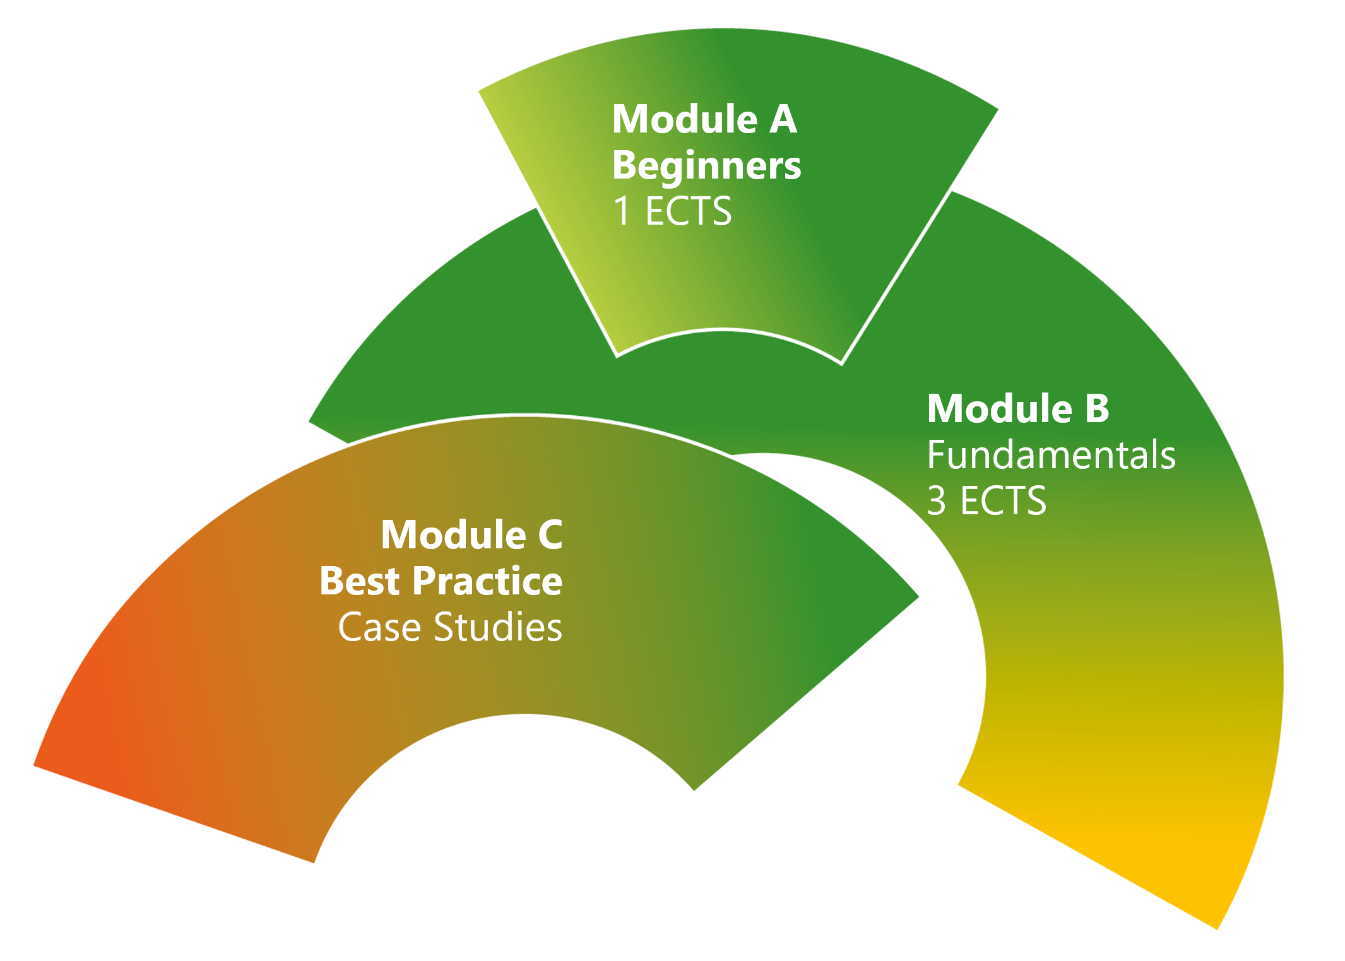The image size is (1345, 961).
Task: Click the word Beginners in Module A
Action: (x=706, y=166)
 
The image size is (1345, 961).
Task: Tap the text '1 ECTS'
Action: (x=672, y=211)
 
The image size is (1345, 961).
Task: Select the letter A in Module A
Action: (x=783, y=119)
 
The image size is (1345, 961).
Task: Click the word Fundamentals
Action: (x=1052, y=454)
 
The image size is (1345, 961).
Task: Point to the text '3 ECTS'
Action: (x=987, y=501)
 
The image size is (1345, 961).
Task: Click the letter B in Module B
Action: (x=1097, y=408)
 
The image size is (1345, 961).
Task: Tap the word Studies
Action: (x=498, y=627)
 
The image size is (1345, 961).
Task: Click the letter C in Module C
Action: (x=550, y=535)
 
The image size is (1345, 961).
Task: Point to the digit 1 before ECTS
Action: (x=622, y=211)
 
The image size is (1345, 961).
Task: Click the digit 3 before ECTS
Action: (x=937, y=501)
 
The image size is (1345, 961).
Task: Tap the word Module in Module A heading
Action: (x=685, y=119)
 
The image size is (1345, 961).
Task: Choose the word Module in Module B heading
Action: (x=1000, y=408)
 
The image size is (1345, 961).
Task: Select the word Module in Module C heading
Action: (x=454, y=535)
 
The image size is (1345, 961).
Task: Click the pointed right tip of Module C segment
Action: (x=918, y=596)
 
